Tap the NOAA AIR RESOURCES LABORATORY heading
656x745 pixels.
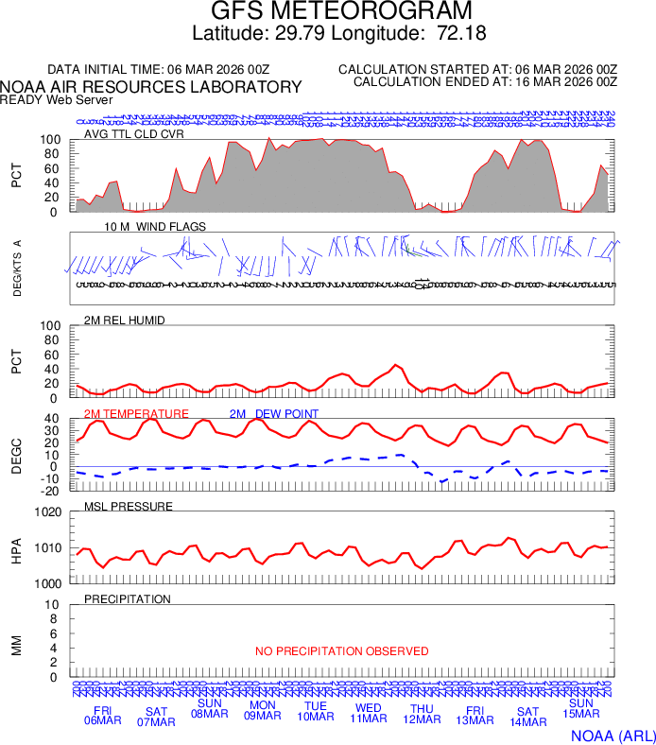[151, 87]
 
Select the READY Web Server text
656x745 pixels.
[56, 99]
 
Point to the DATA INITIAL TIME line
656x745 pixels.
[159, 70]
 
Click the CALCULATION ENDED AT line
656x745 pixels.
[485, 82]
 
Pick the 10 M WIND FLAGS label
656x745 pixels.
[155, 227]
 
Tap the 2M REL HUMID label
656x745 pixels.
[125, 321]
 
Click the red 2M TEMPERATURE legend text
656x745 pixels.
[136, 414]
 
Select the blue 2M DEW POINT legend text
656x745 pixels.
[273, 414]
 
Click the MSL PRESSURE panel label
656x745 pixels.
[129, 507]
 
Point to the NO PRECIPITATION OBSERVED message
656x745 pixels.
[341, 651]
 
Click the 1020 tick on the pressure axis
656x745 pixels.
[47, 512]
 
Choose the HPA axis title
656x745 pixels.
[17, 548]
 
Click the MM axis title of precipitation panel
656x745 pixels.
[17, 641]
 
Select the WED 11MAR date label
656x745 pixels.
[369, 714]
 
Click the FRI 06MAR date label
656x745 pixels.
[103, 716]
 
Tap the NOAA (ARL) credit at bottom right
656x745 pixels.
[612, 735]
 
